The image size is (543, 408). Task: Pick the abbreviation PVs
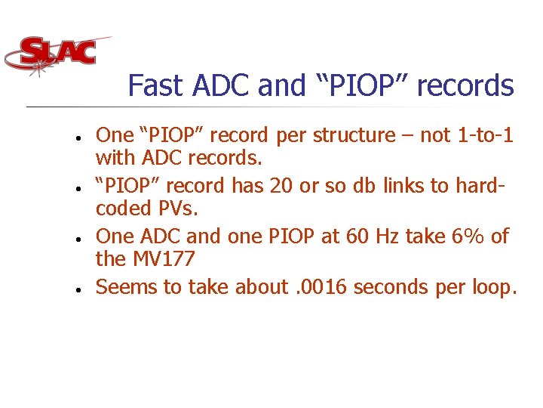[x=174, y=208]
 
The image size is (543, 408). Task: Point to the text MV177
[x=164, y=259]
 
